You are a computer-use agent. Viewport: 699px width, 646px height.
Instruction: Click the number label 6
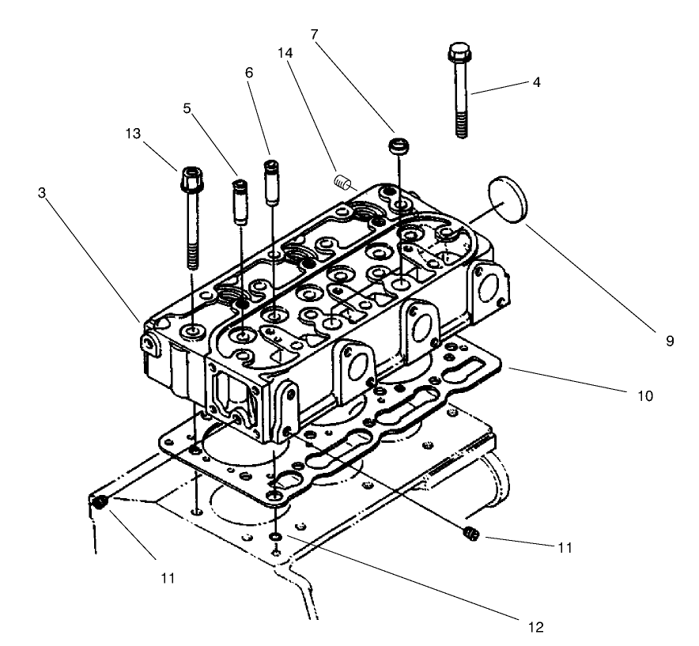(249, 71)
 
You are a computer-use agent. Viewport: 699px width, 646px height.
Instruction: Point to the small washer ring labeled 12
(274, 537)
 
